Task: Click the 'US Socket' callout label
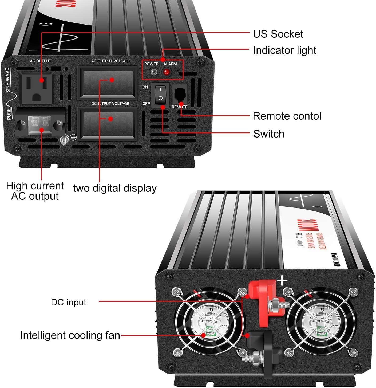[278, 34]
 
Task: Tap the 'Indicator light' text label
[284, 50]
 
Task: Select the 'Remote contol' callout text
[287, 116]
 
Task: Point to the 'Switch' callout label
[269, 134]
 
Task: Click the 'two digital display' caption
[115, 188]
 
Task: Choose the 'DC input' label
[69, 302]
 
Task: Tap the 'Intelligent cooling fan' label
[70, 335]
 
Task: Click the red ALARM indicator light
[167, 72]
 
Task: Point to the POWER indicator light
[153, 72]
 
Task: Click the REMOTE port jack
[180, 94]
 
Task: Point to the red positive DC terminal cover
[263, 299]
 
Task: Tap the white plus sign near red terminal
[282, 281]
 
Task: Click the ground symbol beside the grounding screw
[73, 137]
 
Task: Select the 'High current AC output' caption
[35, 191]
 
